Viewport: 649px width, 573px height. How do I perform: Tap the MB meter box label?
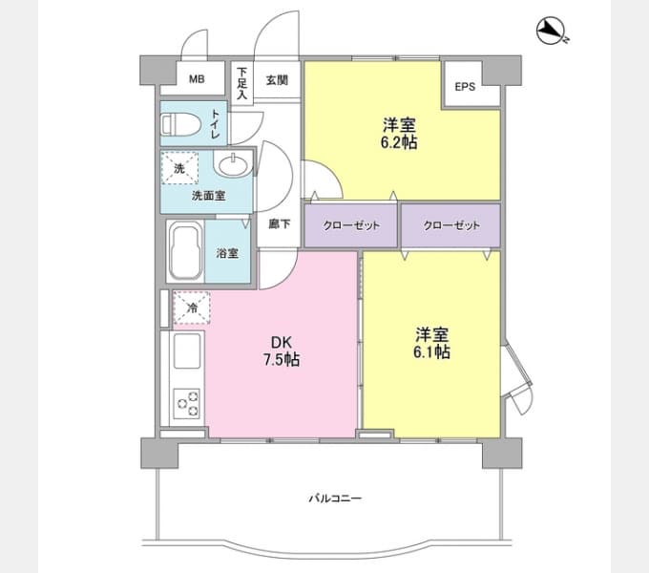coord(197,78)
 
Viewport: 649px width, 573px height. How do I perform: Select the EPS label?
coord(465,87)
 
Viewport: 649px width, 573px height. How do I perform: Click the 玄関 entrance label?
coord(277,80)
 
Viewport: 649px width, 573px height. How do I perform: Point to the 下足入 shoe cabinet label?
coord(241,84)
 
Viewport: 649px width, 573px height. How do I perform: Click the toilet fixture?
coord(181,124)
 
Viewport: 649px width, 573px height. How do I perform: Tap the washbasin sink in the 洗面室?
coord(234,165)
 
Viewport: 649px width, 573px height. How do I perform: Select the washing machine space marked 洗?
coord(179,168)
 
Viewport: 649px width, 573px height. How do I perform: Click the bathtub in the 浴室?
coord(186,252)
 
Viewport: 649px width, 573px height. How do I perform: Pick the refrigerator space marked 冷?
coord(192,308)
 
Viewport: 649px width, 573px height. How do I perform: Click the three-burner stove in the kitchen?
coord(187,402)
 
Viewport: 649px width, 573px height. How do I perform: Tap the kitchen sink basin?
coord(187,351)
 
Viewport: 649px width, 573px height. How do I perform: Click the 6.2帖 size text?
coord(399,142)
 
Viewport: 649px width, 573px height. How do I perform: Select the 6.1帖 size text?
coord(431,351)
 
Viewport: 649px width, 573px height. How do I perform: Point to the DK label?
coord(282,343)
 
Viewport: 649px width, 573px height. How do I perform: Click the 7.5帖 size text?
coord(282,359)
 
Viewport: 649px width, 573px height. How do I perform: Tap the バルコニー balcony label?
coord(335,498)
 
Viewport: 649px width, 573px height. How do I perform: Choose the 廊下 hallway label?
coord(280,224)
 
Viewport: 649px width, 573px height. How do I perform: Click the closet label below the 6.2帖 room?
coord(351,225)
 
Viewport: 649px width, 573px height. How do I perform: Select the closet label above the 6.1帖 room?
coord(451,225)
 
